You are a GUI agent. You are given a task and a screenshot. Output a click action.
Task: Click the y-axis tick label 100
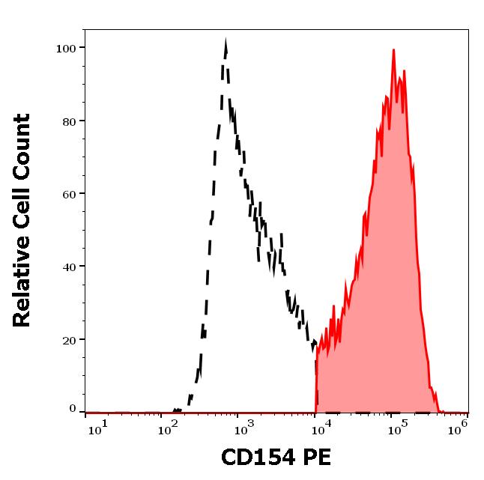(x=67, y=48)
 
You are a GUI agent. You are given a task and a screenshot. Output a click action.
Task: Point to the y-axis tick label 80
(x=70, y=121)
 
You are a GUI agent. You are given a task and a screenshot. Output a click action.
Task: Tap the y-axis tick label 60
(x=70, y=193)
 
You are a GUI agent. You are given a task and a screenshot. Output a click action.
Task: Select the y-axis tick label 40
(x=70, y=266)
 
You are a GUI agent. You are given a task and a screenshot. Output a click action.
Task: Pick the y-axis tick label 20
(x=70, y=339)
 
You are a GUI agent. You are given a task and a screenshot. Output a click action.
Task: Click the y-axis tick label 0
(x=73, y=409)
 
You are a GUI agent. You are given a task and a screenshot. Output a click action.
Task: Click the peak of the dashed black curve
(x=226, y=43)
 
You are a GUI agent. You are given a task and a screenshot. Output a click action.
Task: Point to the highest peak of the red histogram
(x=393, y=51)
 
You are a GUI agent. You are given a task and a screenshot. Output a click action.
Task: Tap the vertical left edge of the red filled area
(x=316, y=382)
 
